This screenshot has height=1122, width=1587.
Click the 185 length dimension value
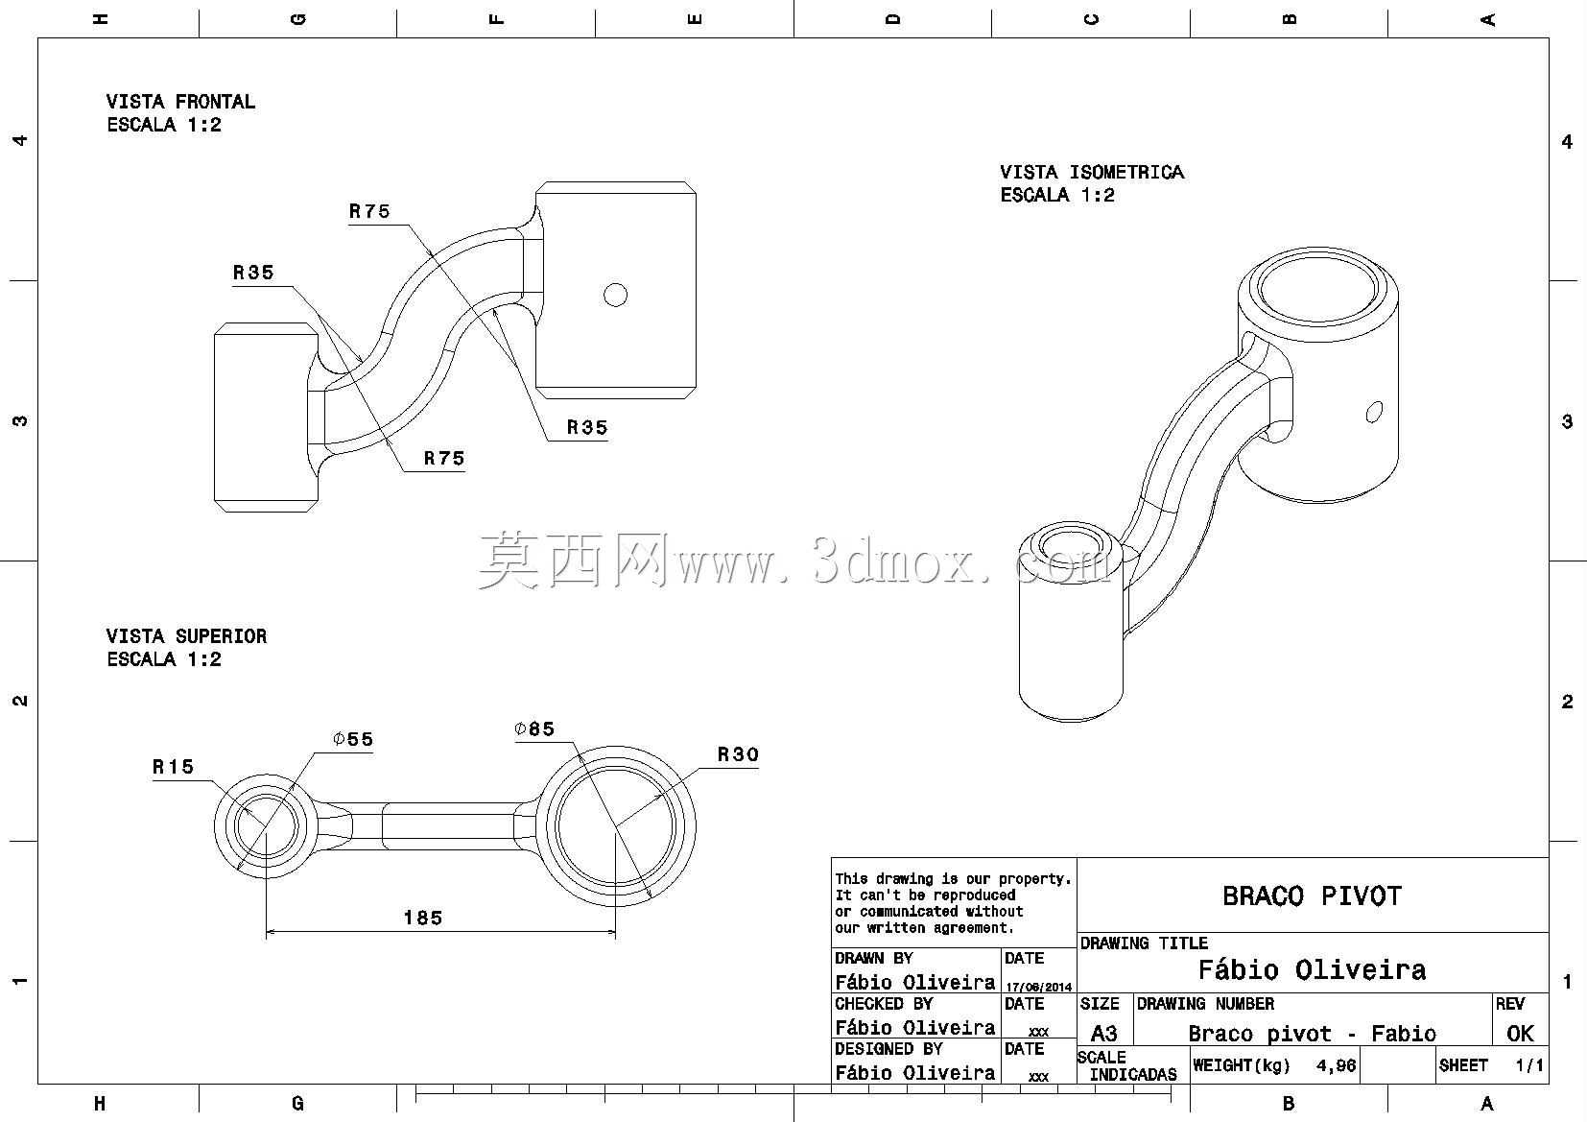423,918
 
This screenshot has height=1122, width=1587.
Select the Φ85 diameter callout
534,728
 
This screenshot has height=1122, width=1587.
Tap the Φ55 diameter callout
353,739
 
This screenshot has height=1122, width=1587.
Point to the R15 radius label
173,767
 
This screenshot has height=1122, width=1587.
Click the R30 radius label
738,754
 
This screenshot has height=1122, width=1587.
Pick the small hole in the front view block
615,295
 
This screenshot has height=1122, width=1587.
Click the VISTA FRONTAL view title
180,102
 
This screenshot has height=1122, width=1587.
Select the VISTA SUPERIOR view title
186,635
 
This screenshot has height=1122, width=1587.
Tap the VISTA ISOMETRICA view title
1092,172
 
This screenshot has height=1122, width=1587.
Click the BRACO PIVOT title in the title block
1313,895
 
